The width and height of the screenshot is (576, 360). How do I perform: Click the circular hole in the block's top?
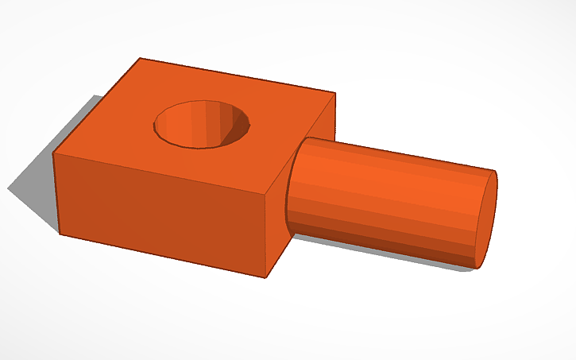click(202, 125)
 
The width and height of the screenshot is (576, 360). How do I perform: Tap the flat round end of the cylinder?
click(485, 219)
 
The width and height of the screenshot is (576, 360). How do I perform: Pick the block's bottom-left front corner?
click(60, 234)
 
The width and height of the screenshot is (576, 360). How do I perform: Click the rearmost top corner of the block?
click(140, 58)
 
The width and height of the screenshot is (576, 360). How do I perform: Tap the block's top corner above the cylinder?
click(334, 94)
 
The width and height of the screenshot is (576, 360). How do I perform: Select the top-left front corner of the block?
click(53, 152)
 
